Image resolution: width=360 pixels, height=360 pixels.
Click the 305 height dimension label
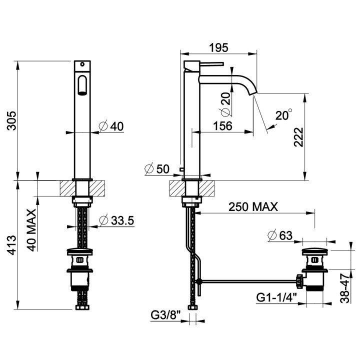(11, 121)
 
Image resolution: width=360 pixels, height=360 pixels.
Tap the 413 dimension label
(11, 244)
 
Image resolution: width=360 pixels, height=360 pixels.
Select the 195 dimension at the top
(219, 48)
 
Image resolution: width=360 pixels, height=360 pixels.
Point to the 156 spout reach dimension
(222, 126)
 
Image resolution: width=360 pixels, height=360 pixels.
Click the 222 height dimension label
(298, 137)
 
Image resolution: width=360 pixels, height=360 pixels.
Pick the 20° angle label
(284, 115)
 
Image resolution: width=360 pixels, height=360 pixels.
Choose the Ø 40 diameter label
(111, 126)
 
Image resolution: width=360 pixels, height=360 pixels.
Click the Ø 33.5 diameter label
(116, 220)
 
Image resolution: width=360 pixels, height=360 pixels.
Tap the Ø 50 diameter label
(157, 169)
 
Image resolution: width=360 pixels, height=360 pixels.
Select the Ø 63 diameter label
(280, 235)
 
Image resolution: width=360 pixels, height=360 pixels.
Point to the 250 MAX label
(253, 207)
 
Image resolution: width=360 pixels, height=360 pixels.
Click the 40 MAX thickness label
(31, 230)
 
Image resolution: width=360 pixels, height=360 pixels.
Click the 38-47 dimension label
(344, 288)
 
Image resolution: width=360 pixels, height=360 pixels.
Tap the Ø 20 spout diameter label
(225, 104)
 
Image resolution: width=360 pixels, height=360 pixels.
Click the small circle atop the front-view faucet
(82, 64)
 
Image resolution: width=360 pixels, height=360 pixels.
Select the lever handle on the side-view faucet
(211, 63)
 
